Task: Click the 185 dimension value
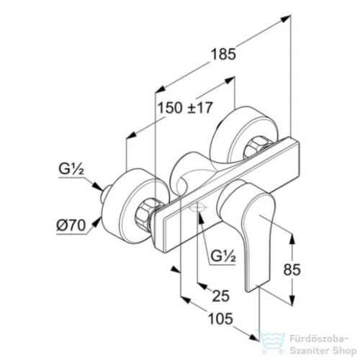click(x=223, y=55)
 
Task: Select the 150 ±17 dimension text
click(x=185, y=108)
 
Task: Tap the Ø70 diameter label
click(x=71, y=225)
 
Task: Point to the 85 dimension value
click(x=292, y=269)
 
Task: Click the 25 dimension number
click(x=221, y=295)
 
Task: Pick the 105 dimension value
click(x=220, y=319)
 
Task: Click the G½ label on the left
click(x=71, y=169)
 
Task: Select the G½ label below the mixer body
click(x=223, y=256)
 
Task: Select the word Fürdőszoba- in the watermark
click(x=319, y=339)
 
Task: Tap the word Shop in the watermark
click(x=343, y=351)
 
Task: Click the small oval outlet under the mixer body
click(x=197, y=207)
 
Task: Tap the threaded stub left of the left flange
click(x=105, y=194)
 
